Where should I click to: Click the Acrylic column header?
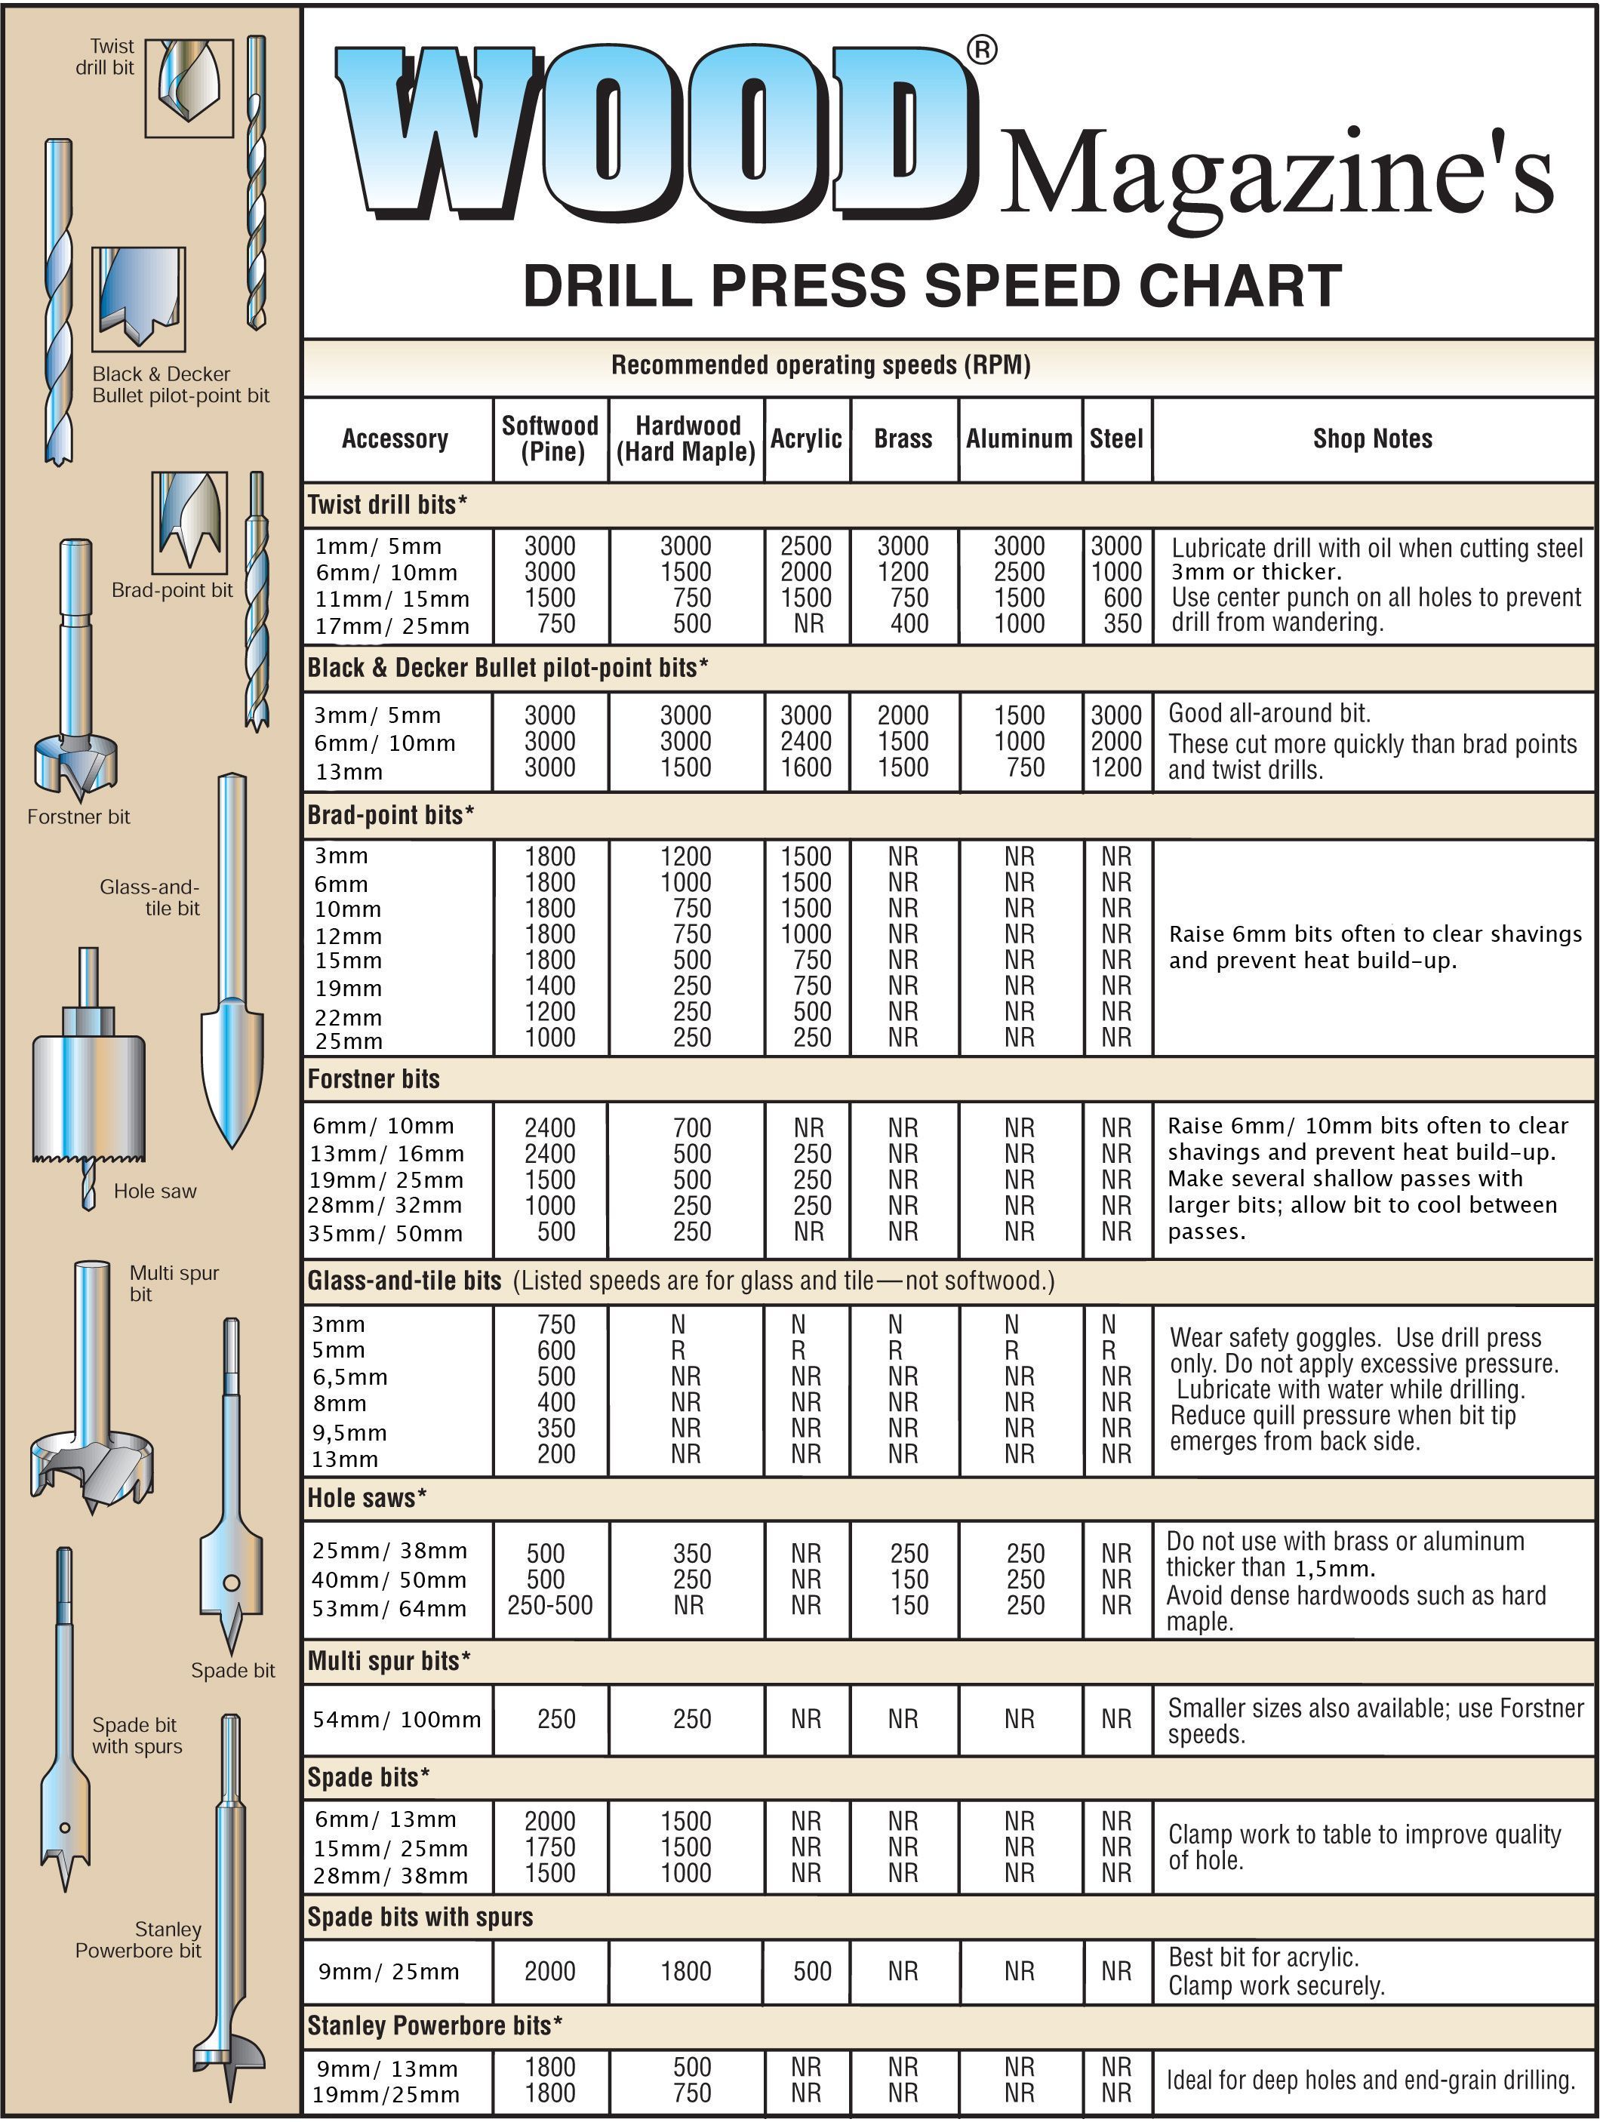tap(806, 438)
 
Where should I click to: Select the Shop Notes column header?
tap(1372, 438)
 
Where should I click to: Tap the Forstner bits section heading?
tap(373, 1079)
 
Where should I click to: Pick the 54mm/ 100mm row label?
tap(396, 1719)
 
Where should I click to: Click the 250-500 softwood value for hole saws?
tap(549, 1605)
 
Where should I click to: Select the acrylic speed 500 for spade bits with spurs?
tap(811, 1971)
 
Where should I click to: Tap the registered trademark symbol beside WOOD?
tap(981, 50)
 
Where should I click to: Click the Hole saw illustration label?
tap(155, 1191)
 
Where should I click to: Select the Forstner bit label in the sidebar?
tap(78, 817)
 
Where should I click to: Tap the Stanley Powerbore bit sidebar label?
tap(138, 1939)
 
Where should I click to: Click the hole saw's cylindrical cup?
tap(89, 1093)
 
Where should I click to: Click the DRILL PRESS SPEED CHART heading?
tap(931, 286)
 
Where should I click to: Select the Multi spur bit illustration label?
tap(174, 1283)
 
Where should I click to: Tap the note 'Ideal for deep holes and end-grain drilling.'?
tap(1371, 2079)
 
